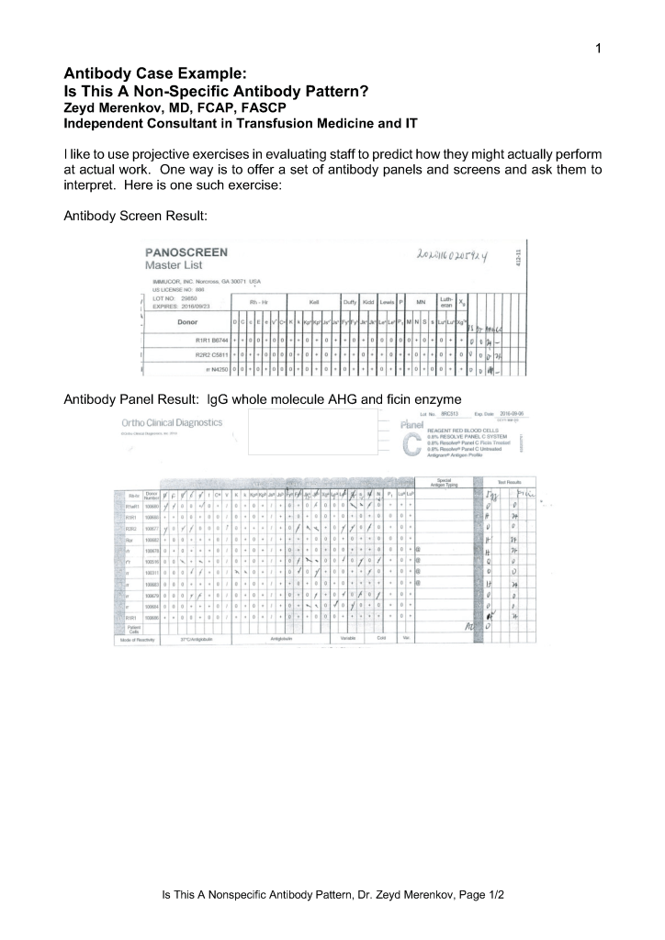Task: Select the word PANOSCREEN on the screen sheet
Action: pyautogui.click(x=186, y=252)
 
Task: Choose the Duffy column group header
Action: pyautogui.click(x=350, y=300)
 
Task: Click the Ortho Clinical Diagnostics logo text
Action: pyautogui.click(x=171, y=422)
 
